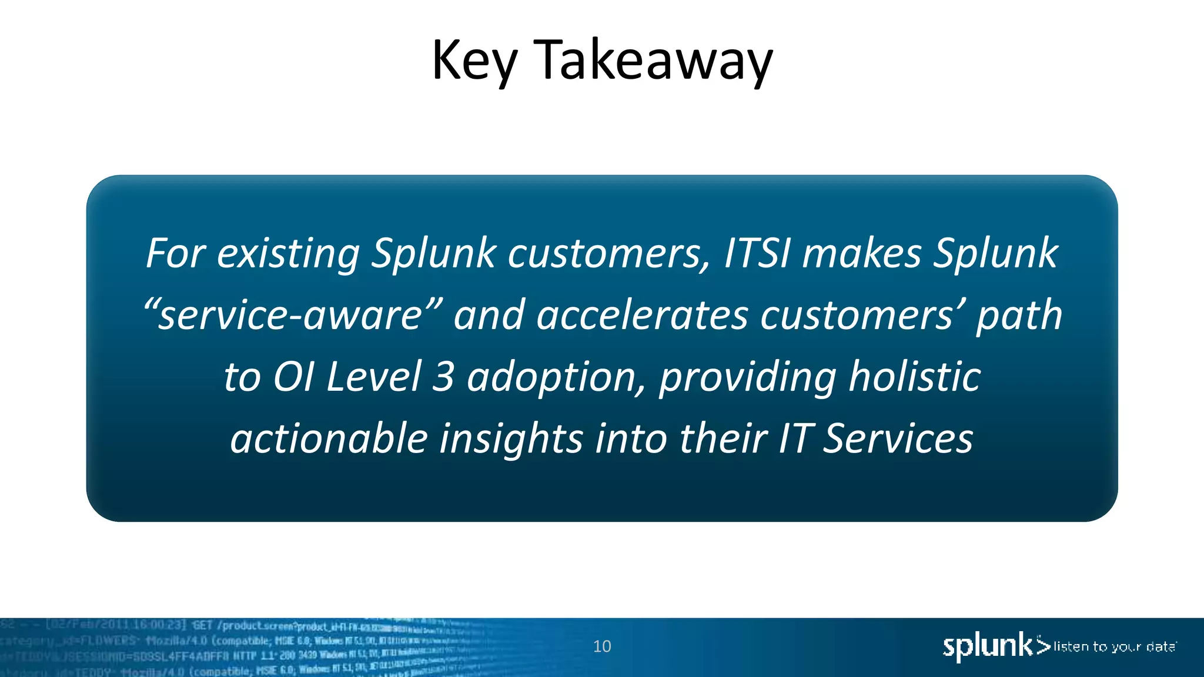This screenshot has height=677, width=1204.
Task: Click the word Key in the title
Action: tap(474, 61)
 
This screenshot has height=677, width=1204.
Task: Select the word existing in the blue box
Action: tap(288, 254)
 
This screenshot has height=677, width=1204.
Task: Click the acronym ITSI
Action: tap(757, 254)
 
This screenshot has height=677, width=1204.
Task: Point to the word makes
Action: tap(862, 254)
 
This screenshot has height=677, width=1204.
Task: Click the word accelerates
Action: tap(642, 316)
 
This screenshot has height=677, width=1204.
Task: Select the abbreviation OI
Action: tap(293, 377)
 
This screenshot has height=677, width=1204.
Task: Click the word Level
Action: tap(373, 377)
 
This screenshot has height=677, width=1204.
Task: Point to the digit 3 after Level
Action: tap(443, 377)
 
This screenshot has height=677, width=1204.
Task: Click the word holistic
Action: tap(914, 377)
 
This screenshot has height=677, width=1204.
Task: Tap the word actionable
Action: tap(329, 438)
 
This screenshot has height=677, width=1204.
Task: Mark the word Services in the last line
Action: tap(897, 438)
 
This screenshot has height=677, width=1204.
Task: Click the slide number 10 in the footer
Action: tap(602, 646)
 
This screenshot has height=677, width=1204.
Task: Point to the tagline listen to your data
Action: tap(1114, 647)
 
